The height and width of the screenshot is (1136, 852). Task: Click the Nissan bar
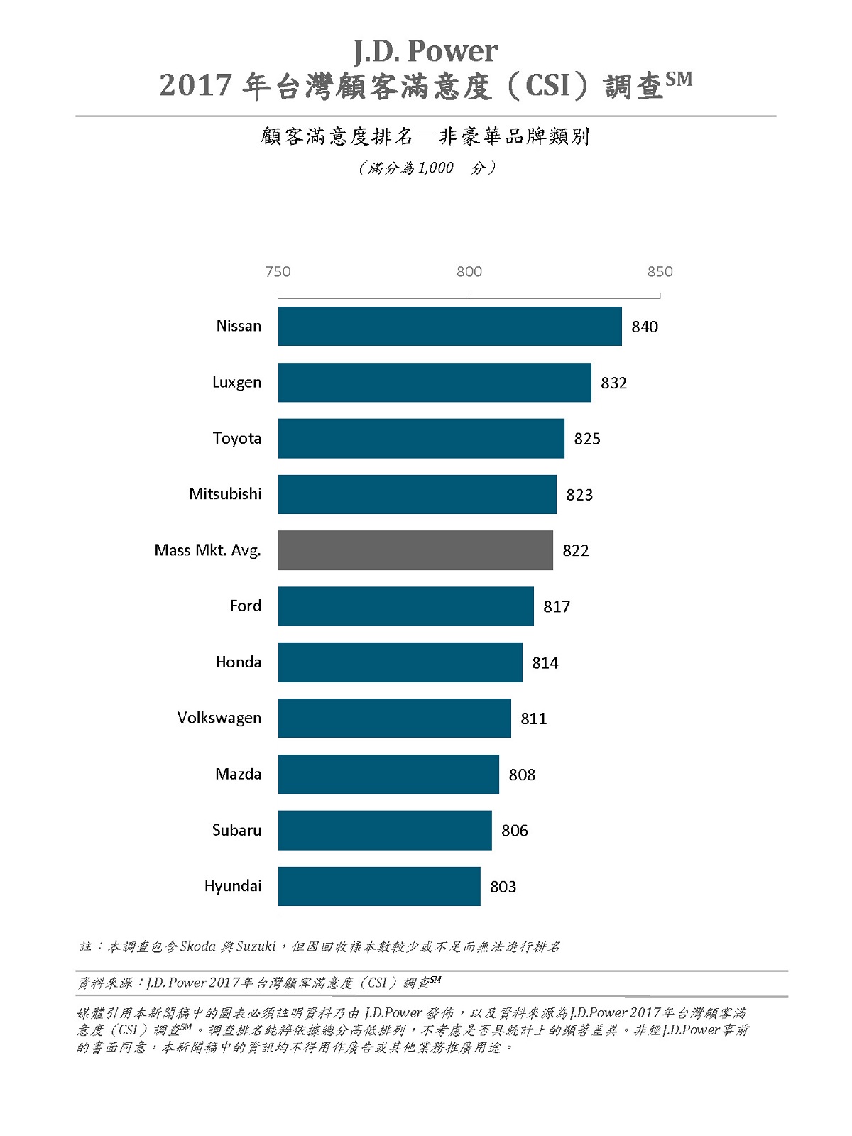click(449, 327)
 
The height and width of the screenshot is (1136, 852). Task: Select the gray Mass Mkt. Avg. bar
click(415, 550)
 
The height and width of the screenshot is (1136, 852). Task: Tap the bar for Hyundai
click(379, 886)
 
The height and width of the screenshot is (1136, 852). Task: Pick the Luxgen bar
click(435, 383)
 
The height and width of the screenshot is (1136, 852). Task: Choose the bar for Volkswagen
click(394, 718)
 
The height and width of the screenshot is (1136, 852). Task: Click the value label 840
click(645, 327)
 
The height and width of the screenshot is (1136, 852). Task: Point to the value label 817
click(557, 606)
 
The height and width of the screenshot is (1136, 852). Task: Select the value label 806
click(515, 830)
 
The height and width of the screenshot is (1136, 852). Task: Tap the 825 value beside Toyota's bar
click(587, 439)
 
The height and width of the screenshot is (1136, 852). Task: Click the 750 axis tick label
click(278, 271)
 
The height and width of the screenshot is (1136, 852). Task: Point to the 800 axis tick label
click(469, 271)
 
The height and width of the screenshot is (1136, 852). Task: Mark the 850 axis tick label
click(660, 271)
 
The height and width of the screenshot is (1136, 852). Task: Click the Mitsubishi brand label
click(225, 494)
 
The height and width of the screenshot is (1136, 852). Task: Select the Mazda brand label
click(238, 774)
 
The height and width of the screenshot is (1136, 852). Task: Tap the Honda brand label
click(238, 662)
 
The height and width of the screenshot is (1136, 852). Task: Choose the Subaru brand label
click(236, 830)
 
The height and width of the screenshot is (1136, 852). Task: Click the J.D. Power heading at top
click(426, 51)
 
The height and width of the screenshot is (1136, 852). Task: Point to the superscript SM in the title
click(679, 79)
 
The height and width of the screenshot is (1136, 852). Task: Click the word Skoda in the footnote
click(198, 946)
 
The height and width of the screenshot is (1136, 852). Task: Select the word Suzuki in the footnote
click(256, 946)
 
